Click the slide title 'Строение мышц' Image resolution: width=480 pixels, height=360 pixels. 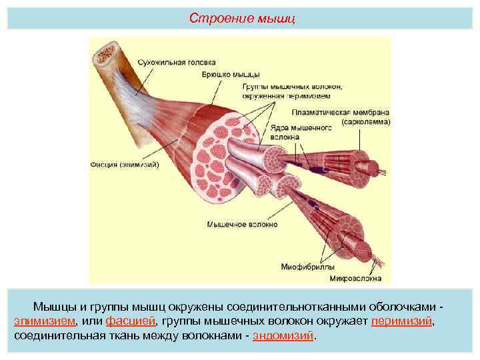[241, 17]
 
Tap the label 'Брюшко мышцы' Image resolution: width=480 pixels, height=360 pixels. [231, 74]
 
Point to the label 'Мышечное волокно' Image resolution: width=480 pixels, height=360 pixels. [242, 225]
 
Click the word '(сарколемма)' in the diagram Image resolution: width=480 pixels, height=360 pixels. [367, 123]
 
